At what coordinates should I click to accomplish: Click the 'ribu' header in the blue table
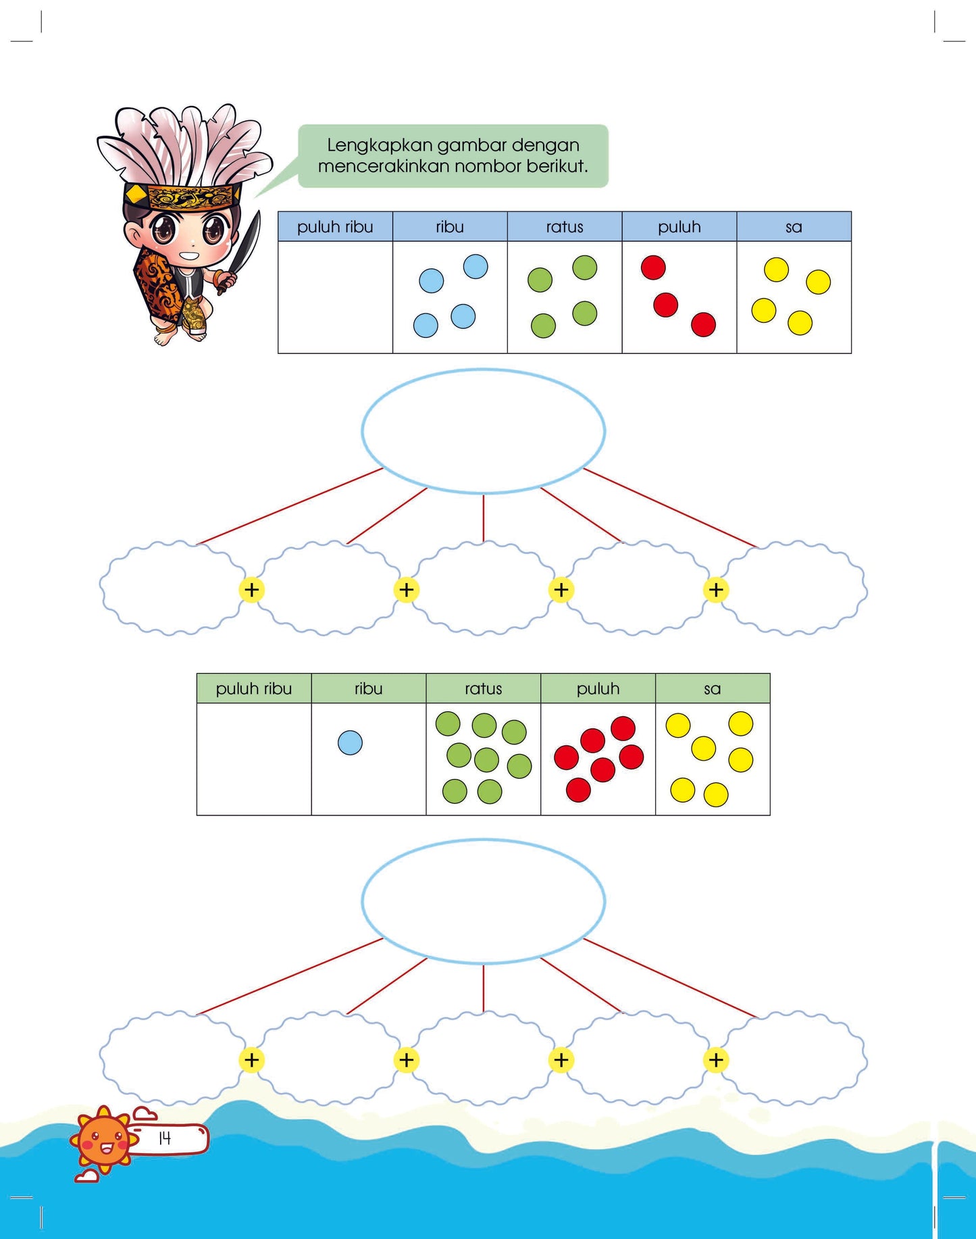pyautogui.click(x=450, y=227)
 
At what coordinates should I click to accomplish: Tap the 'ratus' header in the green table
pyautogui.click(x=484, y=688)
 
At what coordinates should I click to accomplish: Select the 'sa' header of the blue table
pyautogui.click(x=794, y=227)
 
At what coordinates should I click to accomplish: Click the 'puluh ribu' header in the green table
pyautogui.click(x=254, y=688)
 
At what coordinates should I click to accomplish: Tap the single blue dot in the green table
pyautogui.click(x=350, y=742)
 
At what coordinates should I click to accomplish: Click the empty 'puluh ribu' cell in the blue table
pyautogui.click(x=335, y=297)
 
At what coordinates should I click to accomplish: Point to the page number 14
pyautogui.click(x=165, y=1138)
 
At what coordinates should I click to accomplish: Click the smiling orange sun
pyautogui.click(x=103, y=1139)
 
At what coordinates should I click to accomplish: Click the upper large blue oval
pyautogui.click(x=484, y=369)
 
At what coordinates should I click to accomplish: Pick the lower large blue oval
pyautogui.click(x=484, y=840)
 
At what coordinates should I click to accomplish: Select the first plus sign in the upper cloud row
pyautogui.click(x=251, y=590)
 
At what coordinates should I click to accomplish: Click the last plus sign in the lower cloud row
pyautogui.click(x=716, y=1060)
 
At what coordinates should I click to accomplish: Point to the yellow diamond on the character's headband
pyautogui.click(x=136, y=195)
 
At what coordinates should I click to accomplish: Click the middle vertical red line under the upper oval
pyautogui.click(x=484, y=518)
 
